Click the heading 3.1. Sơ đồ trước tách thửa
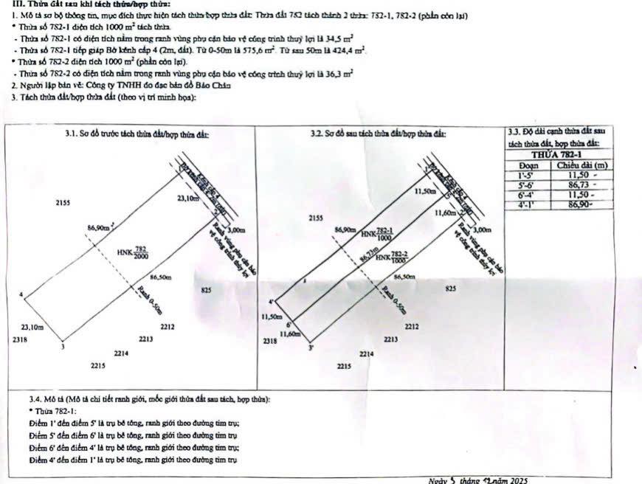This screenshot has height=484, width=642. (137, 134)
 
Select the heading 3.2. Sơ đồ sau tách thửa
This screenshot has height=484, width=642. (379, 134)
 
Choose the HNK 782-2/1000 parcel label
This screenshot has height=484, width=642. (392, 257)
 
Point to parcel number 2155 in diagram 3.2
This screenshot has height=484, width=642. (317, 218)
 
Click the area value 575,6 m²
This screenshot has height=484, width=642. (261, 49)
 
